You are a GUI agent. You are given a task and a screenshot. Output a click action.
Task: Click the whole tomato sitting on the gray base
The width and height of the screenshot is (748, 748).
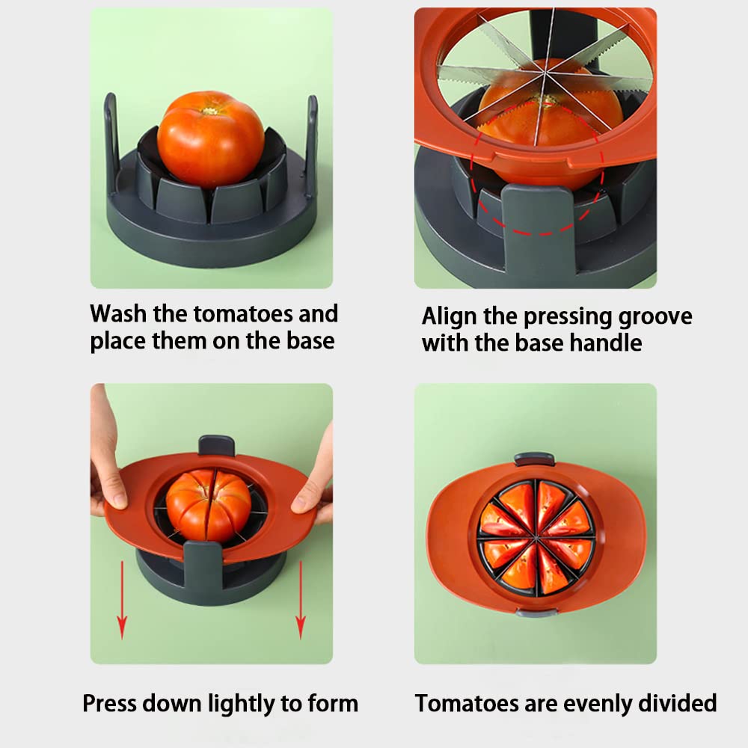click(x=210, y=139)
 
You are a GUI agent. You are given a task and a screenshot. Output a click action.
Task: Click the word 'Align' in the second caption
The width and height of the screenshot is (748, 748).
click(x=449, y=316)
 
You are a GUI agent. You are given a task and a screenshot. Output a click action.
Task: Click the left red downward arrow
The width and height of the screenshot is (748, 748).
click(x=122, y=598)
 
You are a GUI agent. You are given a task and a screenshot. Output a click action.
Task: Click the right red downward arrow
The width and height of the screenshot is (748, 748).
click(x=300, y=598)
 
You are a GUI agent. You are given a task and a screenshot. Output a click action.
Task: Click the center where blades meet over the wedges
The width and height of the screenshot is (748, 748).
click(x=536, y=536)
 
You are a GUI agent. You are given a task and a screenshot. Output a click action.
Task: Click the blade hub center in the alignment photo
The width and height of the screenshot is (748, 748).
click(x=544, y=76)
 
